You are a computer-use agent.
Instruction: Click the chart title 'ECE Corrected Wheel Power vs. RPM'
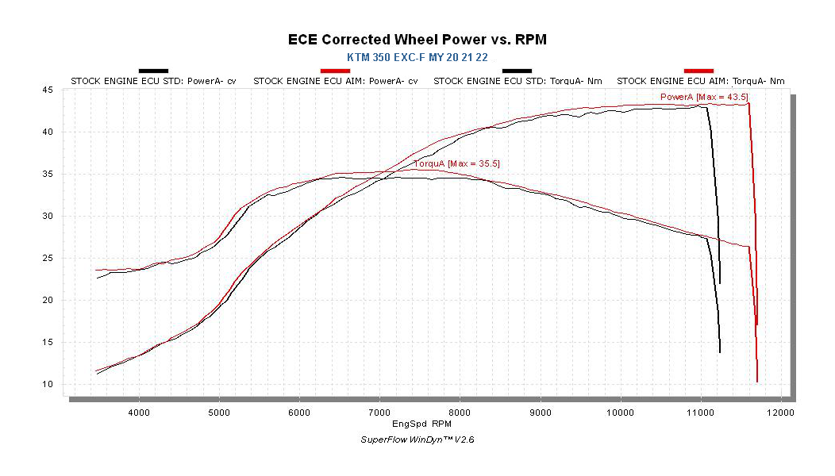pyautogui.click(x=417, y=40)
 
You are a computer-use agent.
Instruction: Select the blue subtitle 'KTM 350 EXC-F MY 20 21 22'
pyautogui.click(x=417, y=58)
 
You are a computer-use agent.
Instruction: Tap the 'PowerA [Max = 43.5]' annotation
pyautogui.click(x=704, y=97)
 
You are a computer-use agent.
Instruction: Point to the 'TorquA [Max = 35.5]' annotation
pyautogui.click(x=456, y=163)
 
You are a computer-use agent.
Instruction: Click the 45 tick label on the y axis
pyautogui.click(x=48, y=90)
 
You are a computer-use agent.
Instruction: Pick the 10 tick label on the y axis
pyautogui.click(x=48, y=385)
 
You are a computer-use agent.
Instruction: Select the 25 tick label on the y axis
pyautogui.click(x=48, y=259)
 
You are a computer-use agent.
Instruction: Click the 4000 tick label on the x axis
pyautogui.click(x=139, y=413)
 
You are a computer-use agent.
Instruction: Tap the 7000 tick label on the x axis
pyautogui.click(x=379, y=413)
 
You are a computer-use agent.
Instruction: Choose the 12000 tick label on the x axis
pyautogui.click(x=781, y=413)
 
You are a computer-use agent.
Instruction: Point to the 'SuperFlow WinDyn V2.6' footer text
pyautogui.click(x=417, y=440)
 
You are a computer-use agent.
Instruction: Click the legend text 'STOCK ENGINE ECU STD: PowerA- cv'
pyautogui.click(x=153, y=81)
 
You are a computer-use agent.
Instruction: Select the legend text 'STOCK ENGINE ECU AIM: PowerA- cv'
pyautogui.click(x=335, y=81)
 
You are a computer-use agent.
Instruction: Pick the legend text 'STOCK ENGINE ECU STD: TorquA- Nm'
pyautogui.click(x=517, y=81)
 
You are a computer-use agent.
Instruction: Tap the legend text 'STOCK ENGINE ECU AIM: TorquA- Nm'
pyautogui.click(x=701, y=81)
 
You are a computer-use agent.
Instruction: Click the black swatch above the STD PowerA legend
pyautogui.click(x=153, y=71)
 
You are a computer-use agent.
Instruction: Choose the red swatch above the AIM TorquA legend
pyautogui.click(x=698, y=71)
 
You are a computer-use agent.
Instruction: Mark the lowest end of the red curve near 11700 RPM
pyautogui.click(x=757, y=382)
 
